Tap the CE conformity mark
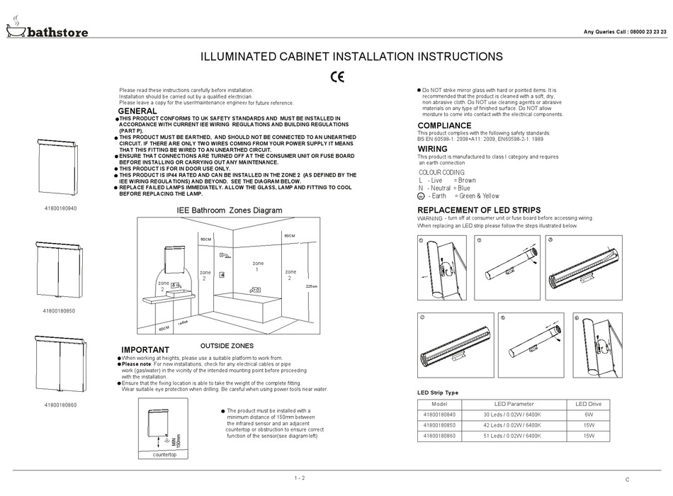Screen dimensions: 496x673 pyautogui.click(x=337, y=76)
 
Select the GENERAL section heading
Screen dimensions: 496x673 pyautogui.click(x=137, y=112)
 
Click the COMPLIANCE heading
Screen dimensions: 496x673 pyautogui.click(x=444, y=125)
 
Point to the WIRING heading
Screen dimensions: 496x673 pyautogui.click(x=432, y=150)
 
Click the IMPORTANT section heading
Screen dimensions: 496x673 pyautogui.click(x=145, y=350)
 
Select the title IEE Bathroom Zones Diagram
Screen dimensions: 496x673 pyautogui.click(x=229, y=210)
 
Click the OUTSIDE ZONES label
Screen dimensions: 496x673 pyautogui.click(x=227, y=345)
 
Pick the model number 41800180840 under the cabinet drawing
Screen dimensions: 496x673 pyautogui.click(x=60, y=208)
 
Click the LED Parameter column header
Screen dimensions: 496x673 pyautogui.click(x=514, y=404)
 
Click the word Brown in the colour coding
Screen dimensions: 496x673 pyautogui.click(x=467, y=181)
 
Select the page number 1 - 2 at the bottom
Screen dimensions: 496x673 pyautogui.click(x=299, y=478)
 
